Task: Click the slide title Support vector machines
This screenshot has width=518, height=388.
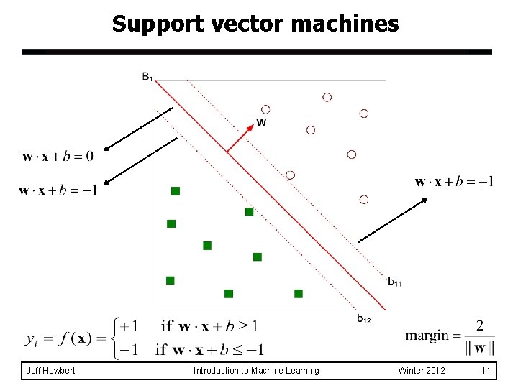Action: (x=255, y=24)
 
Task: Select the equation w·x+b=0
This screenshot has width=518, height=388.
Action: (x=58, y=155)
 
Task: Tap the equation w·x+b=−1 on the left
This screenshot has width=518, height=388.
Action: (x=58, y=190)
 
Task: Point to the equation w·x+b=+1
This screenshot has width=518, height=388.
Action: (x=454, y=182)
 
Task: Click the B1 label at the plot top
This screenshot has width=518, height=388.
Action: (x=147, y=77)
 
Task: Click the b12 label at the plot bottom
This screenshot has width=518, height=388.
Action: (x=363, y=318)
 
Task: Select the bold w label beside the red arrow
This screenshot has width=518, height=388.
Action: (x=261, y=122)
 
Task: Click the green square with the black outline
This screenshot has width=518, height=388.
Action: (x=249, y=212)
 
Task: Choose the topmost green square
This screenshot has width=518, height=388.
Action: (x=175, y=190)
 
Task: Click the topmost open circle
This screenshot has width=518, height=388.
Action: (x=327, y=97)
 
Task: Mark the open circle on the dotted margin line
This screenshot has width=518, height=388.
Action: (x=290, y=175)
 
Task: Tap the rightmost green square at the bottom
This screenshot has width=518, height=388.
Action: (x=299, y=293)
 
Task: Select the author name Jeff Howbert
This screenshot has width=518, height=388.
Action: (x=50, y=371)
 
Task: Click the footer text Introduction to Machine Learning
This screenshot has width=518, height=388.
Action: (x=256, y=371)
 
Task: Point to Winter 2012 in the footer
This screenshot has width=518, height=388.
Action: (x=422, y=371)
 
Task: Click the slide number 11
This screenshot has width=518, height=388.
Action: (x=486, y=371)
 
